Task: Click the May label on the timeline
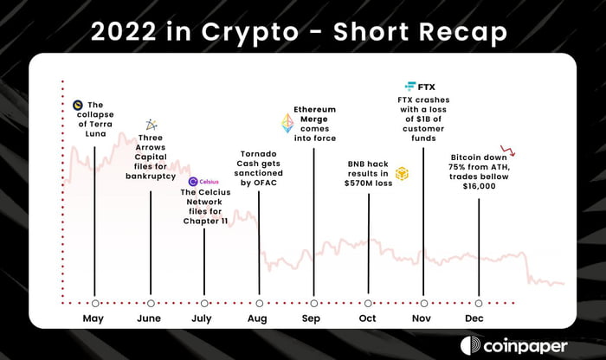click(93, 318)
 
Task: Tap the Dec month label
click(474, 318)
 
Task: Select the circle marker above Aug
click(260, 303)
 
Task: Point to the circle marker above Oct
click(368, 303)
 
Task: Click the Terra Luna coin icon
click(78, 105)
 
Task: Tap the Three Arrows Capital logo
click(151, 125)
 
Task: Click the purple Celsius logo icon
click(193, 182)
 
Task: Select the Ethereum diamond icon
click(287, 123)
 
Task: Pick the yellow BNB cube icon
click(402, 174)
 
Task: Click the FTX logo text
click(426, 87)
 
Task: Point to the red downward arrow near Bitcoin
click(508, 151)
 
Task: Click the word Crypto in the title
click(250, 32)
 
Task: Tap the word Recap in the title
click(463, 32)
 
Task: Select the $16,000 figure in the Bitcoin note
click(479, 186)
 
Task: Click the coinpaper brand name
click(525, 346)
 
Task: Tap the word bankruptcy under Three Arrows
click(151, 177)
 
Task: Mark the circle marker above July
click(204, 303)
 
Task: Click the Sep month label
click(311, 318)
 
